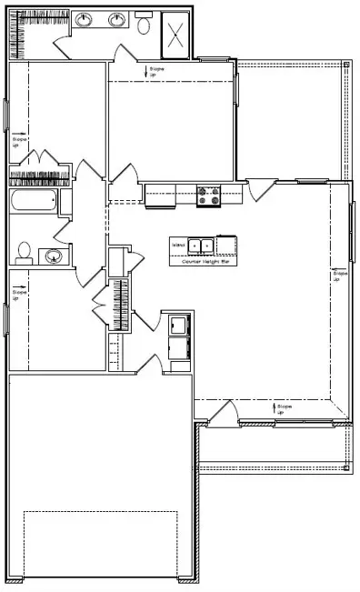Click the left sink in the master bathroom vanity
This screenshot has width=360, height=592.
pos(84,20)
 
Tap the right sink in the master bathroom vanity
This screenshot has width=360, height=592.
pos(116,20)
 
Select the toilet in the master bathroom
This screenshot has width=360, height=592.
pos(145,25)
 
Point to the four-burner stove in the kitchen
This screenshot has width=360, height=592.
pos(209,194)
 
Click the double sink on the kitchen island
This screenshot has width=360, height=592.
pos(201,245)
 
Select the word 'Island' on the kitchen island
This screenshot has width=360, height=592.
pos(178,244)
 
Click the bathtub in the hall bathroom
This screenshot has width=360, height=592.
pos(35,202)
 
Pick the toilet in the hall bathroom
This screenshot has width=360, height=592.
pos(25,251)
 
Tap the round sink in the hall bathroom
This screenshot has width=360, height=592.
pos(54,256)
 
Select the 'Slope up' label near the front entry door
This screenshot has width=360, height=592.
pos(283,410)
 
